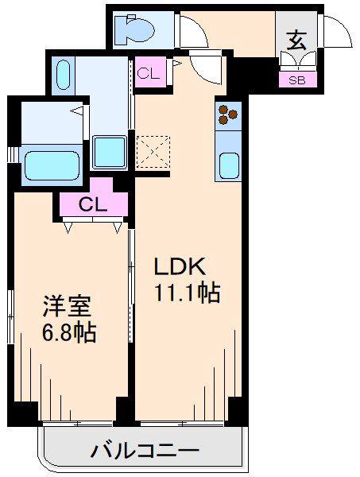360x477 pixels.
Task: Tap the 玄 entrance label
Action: coord(296,41)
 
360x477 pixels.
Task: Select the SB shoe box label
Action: coord(297,80)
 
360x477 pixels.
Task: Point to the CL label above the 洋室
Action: coord(93,205)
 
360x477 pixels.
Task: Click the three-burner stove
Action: coord(228,114)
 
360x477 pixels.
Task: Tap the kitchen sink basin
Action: coord(229,166)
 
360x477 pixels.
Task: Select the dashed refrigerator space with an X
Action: coord(153,152)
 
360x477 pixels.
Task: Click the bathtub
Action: coord(52,165)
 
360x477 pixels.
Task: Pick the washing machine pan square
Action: coord(110,152)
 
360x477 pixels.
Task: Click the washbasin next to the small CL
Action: coord(64,75)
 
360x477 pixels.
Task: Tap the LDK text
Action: coord(179,267)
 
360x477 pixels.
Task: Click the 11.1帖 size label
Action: coord(188,293)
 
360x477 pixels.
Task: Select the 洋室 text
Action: coord(67,306)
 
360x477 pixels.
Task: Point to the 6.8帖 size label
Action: coord(69,333)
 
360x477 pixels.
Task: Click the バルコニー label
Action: coord(145,450)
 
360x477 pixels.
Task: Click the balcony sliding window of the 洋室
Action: coord(78,423)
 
